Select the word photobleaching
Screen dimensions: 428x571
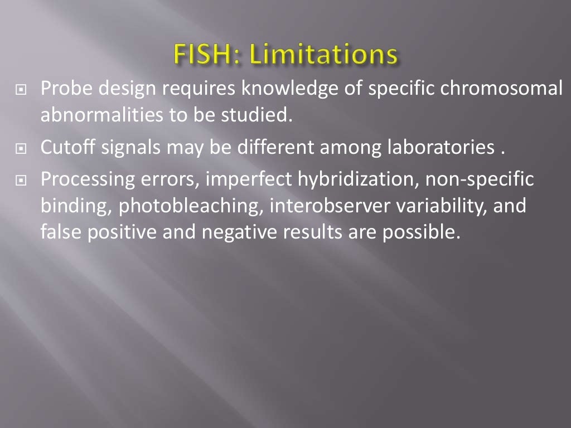(191, 206)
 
